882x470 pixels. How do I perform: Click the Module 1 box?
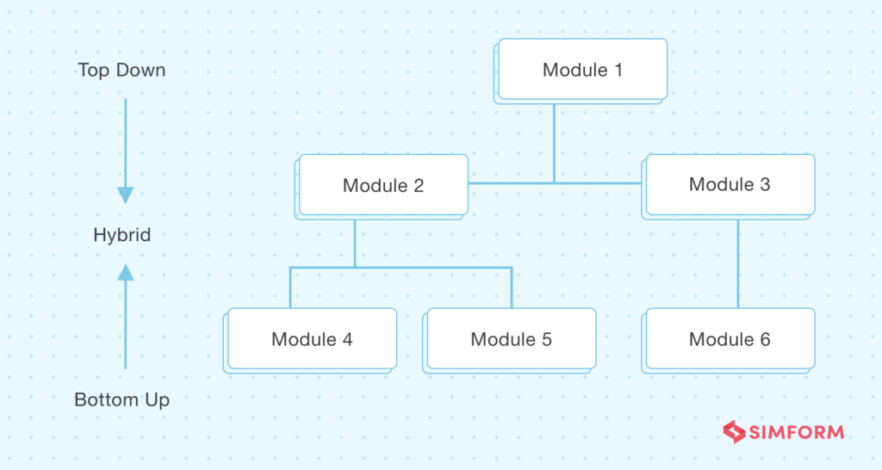(x=581, y=71)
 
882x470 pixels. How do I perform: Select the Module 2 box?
(x=382, y=187)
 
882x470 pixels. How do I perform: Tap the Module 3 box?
(x=729, y=187)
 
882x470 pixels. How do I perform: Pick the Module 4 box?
(x=310, y=340)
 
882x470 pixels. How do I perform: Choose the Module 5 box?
(x=510, y=340)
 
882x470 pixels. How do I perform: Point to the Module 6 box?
(x=729, y=340)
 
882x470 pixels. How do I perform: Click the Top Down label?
(x=121, y=71)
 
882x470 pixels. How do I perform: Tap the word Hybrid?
(x=122, y=234)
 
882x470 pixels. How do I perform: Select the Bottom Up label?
(x=122, y=399)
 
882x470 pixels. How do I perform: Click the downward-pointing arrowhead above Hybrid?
(x=126, y=195)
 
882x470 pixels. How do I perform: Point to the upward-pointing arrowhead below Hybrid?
(x=126, y=273)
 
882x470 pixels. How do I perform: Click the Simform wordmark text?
(x=797, y=432)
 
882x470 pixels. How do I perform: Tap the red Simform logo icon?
(x=734, y=432)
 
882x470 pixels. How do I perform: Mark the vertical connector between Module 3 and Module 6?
(x=738, y=263)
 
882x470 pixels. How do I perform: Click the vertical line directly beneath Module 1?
(x=554, y=144)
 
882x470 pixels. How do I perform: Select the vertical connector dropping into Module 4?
(x=290, y=288)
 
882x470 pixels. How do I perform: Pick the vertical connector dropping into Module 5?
(x=512, y=288)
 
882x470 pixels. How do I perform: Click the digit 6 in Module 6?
(x=765, y=339)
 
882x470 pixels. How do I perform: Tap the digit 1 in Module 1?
(x=618, y=71)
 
